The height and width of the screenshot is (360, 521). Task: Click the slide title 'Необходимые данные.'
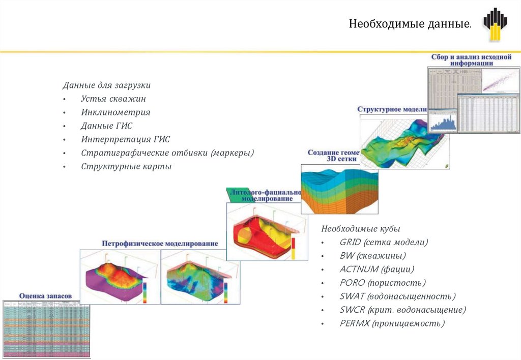(410, 24)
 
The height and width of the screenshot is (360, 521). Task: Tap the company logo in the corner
(495, 24)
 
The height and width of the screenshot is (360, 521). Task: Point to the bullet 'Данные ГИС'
(106, 126)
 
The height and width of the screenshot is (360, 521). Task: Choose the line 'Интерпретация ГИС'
(125, 139)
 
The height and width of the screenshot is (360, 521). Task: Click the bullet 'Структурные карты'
(126, 166)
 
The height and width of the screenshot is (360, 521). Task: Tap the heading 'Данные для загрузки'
(107, 85)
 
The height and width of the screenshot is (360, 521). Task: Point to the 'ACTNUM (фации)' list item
(377, 269)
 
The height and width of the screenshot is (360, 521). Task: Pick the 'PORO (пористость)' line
(383, 283)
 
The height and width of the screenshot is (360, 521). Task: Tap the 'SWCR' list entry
(352, 310)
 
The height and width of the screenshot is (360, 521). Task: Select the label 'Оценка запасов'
(45, 295)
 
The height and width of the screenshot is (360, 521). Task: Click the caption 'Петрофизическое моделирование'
(160, 244)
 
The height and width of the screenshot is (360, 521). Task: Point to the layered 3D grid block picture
(340, 189)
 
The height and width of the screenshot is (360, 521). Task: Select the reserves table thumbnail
(46, 328)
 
